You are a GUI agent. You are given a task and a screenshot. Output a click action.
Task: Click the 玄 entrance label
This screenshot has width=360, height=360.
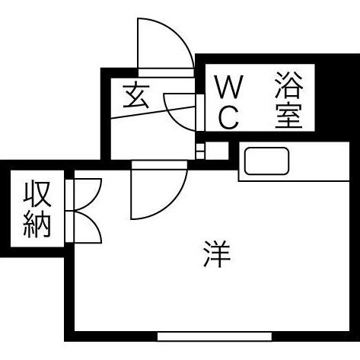(135, 95)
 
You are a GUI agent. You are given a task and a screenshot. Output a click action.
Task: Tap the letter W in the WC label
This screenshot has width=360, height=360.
(228, 87)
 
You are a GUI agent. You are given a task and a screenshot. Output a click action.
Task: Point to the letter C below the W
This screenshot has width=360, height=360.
(228, 117)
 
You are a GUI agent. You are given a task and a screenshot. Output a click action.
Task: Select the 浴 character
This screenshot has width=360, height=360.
(289, 85)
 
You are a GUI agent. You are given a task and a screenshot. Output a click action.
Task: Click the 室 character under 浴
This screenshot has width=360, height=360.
(289, 116)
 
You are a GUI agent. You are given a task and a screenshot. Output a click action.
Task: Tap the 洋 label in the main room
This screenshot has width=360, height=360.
(217, 253)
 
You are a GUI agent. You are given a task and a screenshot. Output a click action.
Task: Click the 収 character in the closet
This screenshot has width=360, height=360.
(37, 193)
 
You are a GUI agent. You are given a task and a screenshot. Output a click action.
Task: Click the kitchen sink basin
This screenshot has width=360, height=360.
(266, 161)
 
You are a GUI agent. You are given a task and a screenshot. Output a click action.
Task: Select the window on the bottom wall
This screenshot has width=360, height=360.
(215, 336)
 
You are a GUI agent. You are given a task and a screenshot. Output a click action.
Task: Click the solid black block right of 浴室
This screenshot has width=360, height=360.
(336, 97)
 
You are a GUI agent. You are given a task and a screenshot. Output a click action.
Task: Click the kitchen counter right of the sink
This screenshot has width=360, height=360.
(319, 161)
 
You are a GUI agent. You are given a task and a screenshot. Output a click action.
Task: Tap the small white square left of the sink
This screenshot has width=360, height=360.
(217, 151)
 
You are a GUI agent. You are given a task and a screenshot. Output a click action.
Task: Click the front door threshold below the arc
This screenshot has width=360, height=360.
(166, 73)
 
